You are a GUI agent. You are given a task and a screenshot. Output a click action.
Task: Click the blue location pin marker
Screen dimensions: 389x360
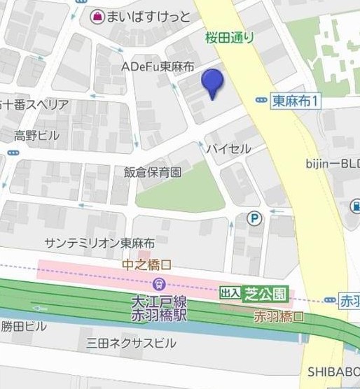click(212, 83)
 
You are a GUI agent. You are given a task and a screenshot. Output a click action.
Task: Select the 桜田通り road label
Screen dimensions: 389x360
click(230, 37)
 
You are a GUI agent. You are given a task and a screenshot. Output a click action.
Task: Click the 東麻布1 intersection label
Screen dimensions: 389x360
click(296, 101)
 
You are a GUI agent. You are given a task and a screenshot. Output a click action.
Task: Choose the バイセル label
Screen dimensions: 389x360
click(228, 148)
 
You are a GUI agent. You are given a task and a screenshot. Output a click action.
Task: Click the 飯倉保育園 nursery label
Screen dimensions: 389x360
click(153, 171)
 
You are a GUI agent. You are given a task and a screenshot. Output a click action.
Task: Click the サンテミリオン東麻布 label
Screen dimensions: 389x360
click(99, 243)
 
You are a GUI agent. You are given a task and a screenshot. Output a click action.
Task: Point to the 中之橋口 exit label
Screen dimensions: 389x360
click(146, 266)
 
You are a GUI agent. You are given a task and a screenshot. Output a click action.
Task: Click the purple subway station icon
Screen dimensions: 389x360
click(159, 284)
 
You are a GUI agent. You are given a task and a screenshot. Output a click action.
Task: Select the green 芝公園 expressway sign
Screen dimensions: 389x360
click(265, 294)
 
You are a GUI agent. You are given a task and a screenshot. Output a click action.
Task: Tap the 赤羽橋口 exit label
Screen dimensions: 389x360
click(279, 316)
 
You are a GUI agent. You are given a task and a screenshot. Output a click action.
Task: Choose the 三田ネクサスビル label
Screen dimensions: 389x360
click(131, 343)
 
